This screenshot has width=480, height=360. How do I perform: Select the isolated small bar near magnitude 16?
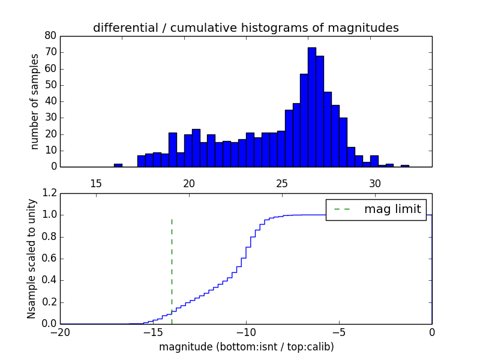pos(118,165)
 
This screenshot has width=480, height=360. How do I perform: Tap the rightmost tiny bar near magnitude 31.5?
pos(405,166)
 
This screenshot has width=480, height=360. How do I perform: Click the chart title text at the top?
pos(246,28)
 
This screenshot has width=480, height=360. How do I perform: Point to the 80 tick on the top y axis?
pos(50,36)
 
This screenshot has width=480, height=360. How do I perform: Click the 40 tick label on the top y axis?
pos(50,101)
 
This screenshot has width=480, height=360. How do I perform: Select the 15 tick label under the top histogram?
pos(96,183)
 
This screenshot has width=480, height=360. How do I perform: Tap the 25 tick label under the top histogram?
pos(282,183)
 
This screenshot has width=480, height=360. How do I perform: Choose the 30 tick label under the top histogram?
pos(375,183)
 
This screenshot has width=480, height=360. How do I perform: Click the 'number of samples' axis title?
pos(35,101)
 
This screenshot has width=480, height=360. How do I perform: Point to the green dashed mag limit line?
pos(172,264)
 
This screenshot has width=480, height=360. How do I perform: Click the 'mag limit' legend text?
pos(392,209)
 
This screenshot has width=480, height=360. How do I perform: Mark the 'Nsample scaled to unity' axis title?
pos(31,259)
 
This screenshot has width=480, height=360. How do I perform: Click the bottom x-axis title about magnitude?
pos(246,347)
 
